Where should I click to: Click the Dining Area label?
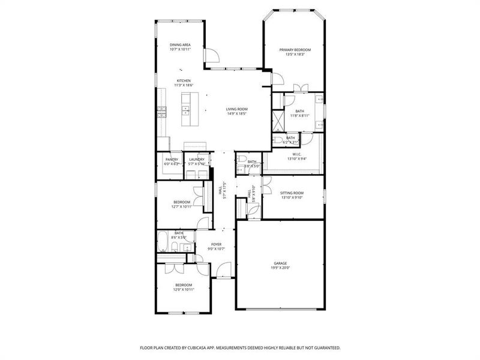click(181, 44)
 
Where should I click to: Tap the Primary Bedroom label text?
click(295, 49)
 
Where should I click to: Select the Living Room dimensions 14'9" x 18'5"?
click(237, 113)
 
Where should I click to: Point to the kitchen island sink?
click(185, 110)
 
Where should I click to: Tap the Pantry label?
click(172, 159)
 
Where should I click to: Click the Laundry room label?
click(197, 159)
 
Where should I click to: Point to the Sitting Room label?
click(292, 193)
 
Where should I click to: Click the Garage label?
click(280, 263)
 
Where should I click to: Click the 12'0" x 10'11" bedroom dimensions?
click(184, 289)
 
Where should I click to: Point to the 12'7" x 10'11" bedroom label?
click(182, 202)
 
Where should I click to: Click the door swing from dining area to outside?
click(212, 55)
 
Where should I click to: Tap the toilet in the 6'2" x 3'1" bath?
click(277, 141)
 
